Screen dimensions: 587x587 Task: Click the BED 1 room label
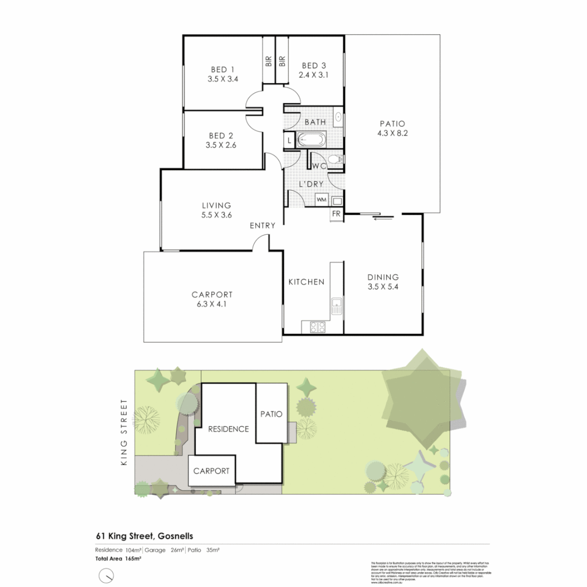coord(223,70)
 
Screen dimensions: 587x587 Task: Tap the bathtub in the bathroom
coord(311,140)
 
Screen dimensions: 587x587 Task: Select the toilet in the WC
coord(338,159)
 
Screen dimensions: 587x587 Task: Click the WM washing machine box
coord(321,200)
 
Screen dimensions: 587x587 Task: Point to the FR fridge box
coord(336,214)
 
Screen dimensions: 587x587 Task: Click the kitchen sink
coord(336,308)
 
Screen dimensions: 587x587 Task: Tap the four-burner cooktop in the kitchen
coord(317,327)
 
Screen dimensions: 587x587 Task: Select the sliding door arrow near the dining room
coord(384,219)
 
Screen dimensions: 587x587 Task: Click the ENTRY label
coord(263,226)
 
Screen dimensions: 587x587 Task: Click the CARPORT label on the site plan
coord(211,471)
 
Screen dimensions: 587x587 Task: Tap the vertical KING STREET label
coord(124,432)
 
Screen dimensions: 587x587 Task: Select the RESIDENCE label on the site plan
coord(229,429)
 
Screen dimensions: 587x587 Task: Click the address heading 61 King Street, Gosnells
coord(145,536)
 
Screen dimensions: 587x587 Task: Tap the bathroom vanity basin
coord(338,116)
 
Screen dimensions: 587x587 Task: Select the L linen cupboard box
coord(289,141)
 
